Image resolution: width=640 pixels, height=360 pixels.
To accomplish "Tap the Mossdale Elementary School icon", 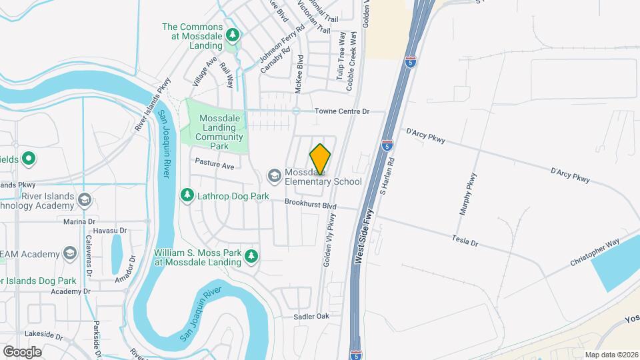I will coord(274,175).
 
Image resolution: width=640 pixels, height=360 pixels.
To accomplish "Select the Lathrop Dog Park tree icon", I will coord(187,195).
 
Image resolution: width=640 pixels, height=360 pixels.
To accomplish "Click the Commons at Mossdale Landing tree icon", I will coord(232,34).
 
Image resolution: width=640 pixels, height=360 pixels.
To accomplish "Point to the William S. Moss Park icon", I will coord(251,256).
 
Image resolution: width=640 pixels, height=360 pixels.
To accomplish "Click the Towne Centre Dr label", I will coord(341,111).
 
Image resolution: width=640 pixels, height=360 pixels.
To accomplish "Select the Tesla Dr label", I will coord(465,240).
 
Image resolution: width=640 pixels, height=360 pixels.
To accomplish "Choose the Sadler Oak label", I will coord(312,316).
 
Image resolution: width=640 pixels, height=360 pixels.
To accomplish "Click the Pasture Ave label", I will coord(215,163).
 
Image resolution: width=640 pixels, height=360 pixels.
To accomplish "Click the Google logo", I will coord(22,351).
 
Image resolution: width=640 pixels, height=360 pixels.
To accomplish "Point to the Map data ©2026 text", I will coord(611,355).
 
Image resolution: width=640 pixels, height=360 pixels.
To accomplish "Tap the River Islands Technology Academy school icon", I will coord(85,199).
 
